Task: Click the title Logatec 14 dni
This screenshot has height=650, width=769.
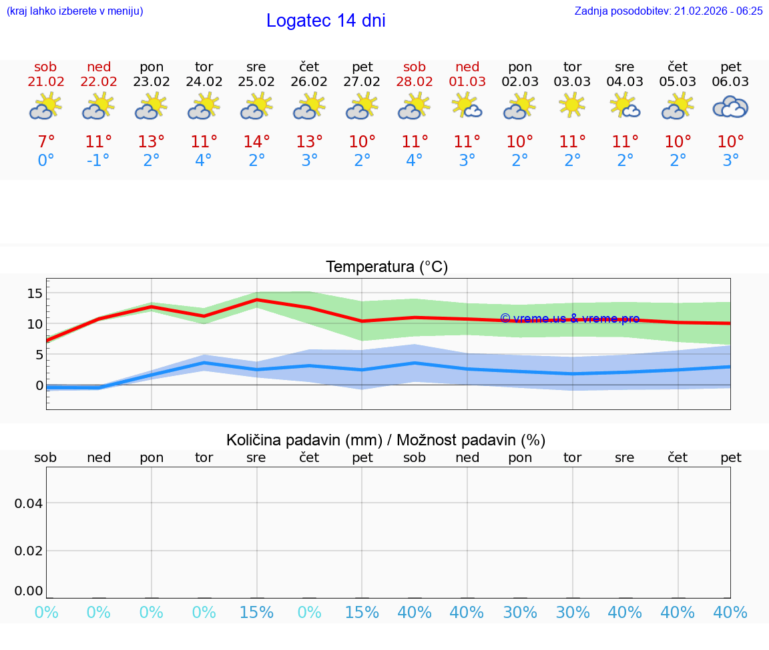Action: click(326, 21)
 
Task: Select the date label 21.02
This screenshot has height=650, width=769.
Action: click(45, 82)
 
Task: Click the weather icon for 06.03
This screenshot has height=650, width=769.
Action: click(730, 107)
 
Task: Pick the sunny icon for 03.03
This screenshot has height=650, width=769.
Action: click(572, 105)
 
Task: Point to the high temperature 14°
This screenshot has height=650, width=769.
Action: click(256, 141)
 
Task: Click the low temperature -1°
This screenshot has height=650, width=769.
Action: click(97, 161)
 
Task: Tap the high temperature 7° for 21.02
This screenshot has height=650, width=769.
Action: click(45, 141)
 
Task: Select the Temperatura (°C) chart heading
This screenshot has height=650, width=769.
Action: click(387, 267)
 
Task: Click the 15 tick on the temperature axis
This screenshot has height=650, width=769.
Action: click(35, 293)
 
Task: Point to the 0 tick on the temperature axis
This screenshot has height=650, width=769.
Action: click(39, 385)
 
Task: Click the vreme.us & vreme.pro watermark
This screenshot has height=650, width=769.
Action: click(569, 319)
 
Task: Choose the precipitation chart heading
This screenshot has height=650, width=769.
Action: click(386, 440)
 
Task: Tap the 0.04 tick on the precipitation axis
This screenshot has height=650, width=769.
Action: click(29, 503)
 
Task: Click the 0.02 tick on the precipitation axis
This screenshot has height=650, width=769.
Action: click(29, 551)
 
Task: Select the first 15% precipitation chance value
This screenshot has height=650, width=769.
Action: click(256, 613)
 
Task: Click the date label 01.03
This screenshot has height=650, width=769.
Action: click(467, 82)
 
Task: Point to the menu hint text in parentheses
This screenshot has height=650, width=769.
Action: click(74, 11)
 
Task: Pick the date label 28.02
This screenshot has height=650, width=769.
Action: click(415, 82)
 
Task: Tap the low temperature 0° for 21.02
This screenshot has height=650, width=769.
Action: click(45, 161)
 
